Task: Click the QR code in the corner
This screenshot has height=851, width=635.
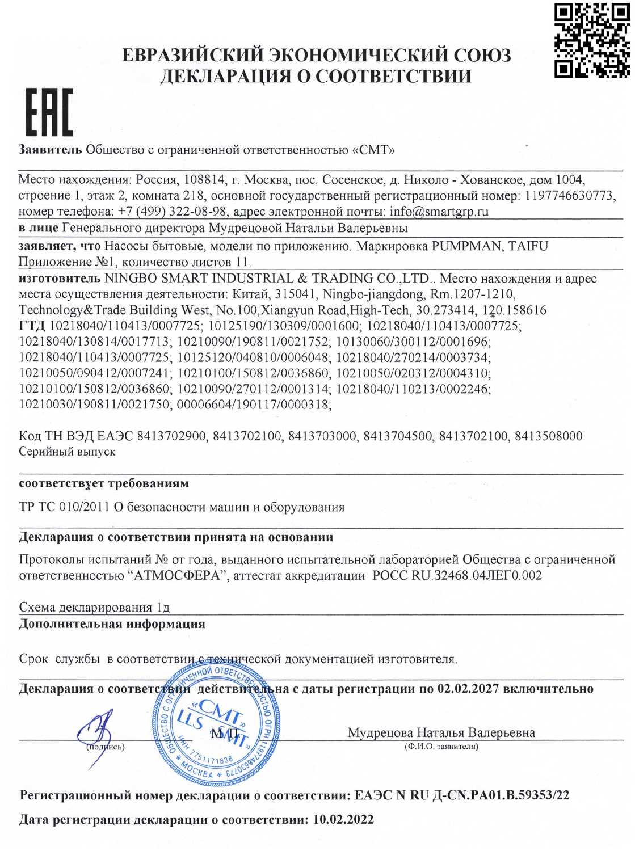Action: pos(591,40)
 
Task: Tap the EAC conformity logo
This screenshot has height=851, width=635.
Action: pos(49,113)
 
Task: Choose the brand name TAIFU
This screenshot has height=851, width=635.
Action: pos(528,246)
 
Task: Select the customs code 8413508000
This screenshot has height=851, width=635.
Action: pos(548,436)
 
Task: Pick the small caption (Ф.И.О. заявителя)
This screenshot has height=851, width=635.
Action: pos(441,747)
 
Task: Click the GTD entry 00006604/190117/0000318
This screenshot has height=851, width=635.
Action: pos(254,405)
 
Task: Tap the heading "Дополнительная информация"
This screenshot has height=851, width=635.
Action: pos(112,624)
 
